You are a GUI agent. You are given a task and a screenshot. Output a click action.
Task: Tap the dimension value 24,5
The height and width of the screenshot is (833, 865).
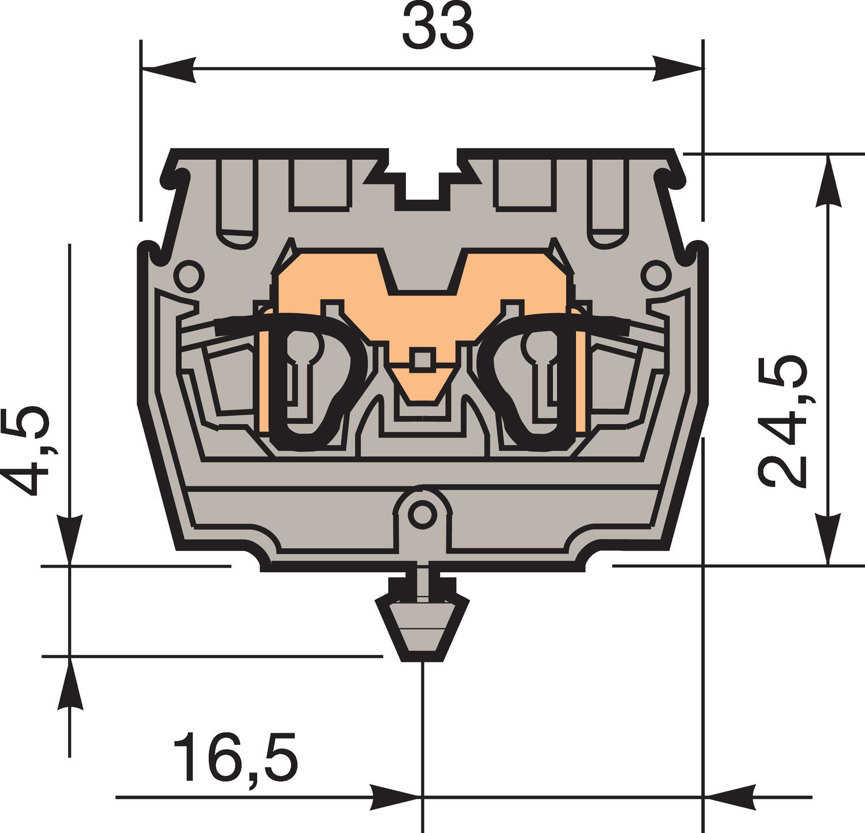point(783,421)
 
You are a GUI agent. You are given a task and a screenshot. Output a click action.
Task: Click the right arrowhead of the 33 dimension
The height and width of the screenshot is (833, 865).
point(678,70)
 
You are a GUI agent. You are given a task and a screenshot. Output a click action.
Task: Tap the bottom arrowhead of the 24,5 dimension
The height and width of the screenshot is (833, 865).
point(828,539)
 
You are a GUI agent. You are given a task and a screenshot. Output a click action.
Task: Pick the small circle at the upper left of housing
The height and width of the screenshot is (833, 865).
point(189,276)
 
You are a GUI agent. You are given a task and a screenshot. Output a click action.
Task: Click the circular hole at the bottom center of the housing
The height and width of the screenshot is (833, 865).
point(423,513)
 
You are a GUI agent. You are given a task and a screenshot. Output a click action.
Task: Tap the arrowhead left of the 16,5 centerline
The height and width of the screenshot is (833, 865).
point(395,797)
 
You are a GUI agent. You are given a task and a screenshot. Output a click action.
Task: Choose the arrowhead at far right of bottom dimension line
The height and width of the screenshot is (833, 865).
point(729,797)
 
